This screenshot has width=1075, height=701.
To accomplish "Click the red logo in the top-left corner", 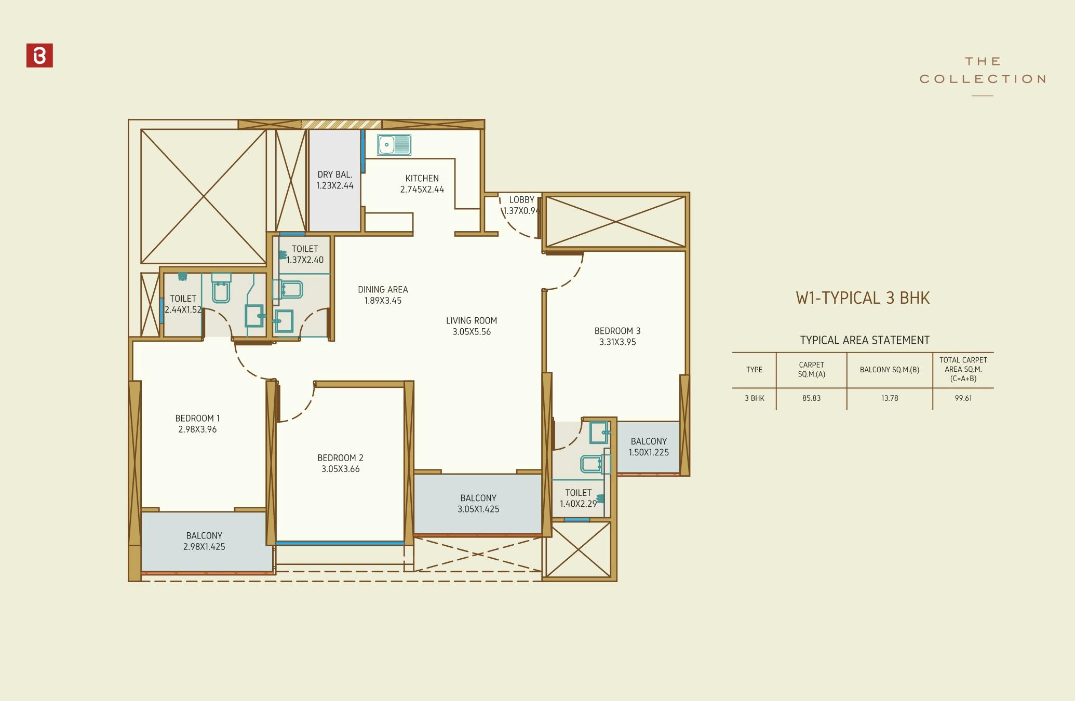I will pyautogui.click(x=39, y=56).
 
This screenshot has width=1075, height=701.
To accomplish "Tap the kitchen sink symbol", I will pyautogui.click(x=394, y=145).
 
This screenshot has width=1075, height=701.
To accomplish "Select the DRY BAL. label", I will pyautogui.click(x=335, y=175).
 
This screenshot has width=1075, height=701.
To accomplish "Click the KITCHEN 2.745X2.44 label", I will pyautogui.click(x=422, y=184).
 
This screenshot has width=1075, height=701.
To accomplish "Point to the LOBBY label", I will pyautogui.click(x=521, y=200).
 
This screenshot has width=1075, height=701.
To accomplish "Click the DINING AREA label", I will pyautogui.click(x=383, y=290).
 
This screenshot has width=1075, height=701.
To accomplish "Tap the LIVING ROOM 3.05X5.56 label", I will pyautogui.click(x=472, y=326).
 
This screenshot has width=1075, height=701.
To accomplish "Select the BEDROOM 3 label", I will pyautogui.click(x=617, y=331).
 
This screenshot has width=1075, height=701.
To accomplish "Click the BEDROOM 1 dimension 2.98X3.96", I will pyautogui.click(x=197, y=429).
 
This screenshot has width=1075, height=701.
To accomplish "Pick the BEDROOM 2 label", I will pyautogui.click(x=340, y=458).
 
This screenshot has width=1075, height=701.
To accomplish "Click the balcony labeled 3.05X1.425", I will pyautogui.click(x=478, y=504).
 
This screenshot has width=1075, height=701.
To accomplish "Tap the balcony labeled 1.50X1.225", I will pyautogui.click(x=649, y=447).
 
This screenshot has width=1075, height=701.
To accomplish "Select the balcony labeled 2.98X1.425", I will pyautogui.click(x=204, y=541).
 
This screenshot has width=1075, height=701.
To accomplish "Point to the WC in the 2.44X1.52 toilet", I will pyautogui.click(x=221, y=289).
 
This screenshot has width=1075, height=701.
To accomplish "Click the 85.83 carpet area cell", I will pyautogui.click(x=811, y=398).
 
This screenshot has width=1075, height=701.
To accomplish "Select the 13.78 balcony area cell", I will pyautogui.click(x=889, y=398).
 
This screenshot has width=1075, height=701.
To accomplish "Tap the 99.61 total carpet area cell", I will pyautogui.click(x=963, y=398).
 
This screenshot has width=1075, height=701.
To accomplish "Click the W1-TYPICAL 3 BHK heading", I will pyautogui.click(x=863, y=298).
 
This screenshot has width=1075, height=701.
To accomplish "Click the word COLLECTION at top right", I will pyautogui.click(x=982, y=79).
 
